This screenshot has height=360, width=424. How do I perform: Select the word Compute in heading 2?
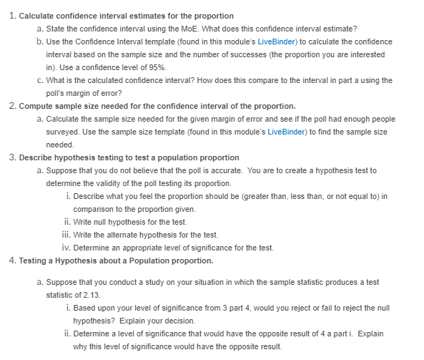click(36, 106)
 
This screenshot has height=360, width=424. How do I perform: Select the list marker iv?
click(67, 248)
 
